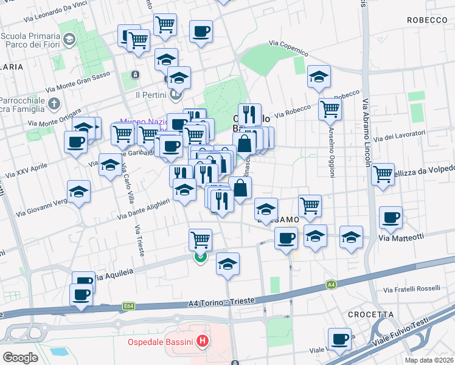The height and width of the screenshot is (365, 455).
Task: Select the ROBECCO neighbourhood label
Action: point(428,20)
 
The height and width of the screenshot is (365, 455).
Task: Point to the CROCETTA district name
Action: point(371,314)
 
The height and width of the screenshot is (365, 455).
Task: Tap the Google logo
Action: point(20,358)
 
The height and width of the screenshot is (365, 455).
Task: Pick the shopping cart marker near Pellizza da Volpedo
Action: point(383,174)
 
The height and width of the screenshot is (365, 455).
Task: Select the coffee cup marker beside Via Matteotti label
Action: point(391,217)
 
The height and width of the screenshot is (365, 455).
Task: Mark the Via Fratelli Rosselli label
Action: point(412,288)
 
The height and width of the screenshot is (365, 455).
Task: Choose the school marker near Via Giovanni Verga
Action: point(79,191)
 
